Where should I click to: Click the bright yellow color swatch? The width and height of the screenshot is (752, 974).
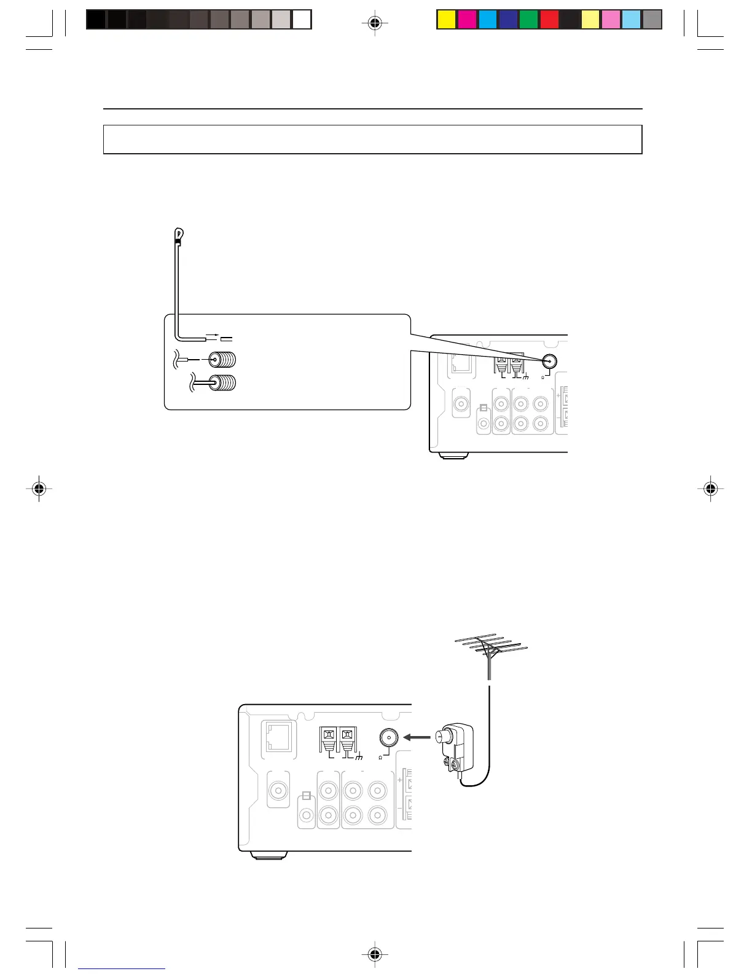pyautogui.click(x=447, y=20)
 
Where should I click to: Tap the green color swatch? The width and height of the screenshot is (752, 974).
pyautogui.click(x=528, y=20)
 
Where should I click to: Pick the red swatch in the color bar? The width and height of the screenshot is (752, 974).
pyautogui.click(x=549, y=20)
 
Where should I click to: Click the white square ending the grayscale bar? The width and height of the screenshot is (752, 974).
pyautogui.click(x=302, y=20)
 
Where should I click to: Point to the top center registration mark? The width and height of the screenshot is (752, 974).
pyautogui.click(x=375, y=24)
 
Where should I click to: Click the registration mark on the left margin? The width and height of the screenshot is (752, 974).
pyautogui.click(x=39, y=489)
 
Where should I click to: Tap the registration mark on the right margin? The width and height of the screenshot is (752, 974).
pyautogui.click(x=710, y=489)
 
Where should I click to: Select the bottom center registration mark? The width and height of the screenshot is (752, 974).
pyautogui.click(x=375, y=954)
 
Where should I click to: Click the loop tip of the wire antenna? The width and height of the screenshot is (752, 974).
pyautogui.click(x=179, y=234)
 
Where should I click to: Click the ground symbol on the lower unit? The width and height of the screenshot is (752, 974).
pyautogui.click(x=359, y=757)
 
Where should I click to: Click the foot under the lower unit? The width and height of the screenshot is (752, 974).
pyautogui.click(x=268, y=855)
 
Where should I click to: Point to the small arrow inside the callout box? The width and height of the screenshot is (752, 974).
pyautogui.click(x=211, y=337)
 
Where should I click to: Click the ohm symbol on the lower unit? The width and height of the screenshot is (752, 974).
pyautogui.click(x=381, y=758)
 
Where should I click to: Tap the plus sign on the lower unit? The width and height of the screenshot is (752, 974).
pyautogui.click(x=400, y=780)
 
